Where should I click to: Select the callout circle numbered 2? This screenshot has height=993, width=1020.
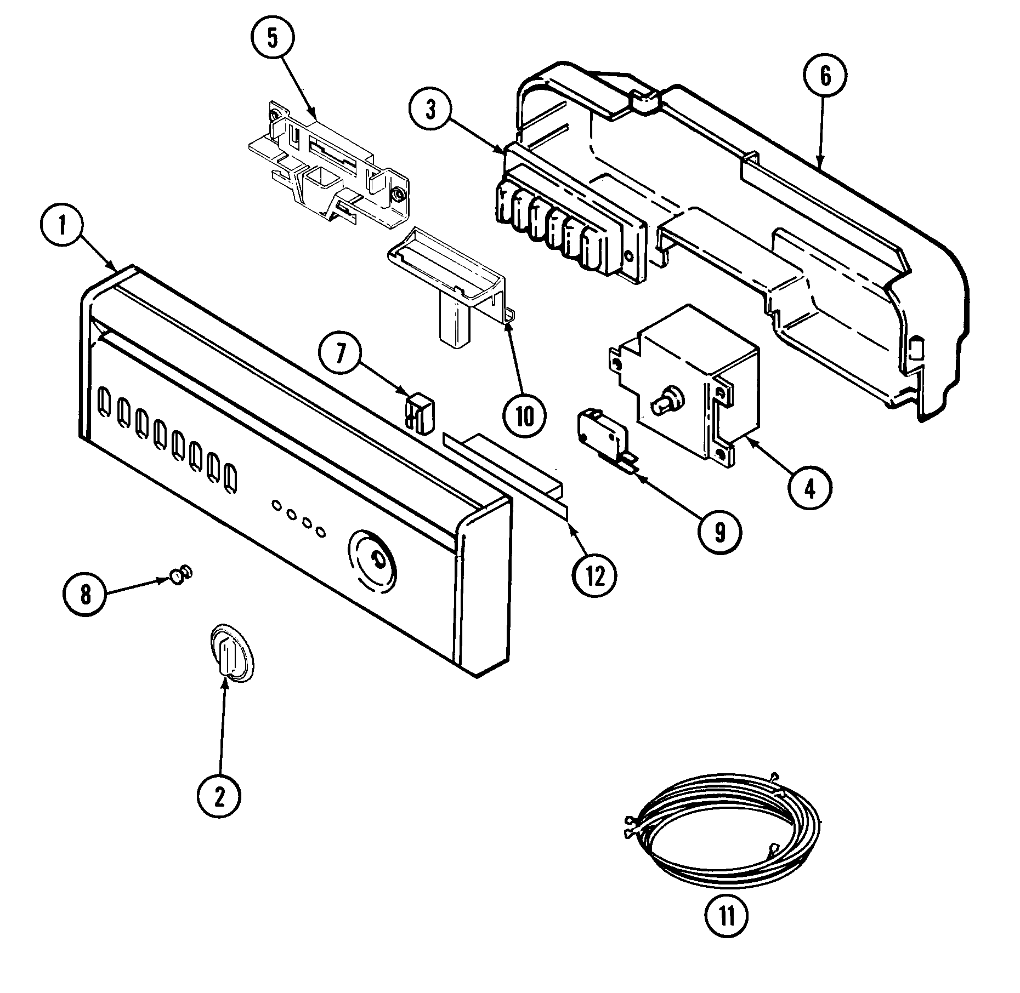pos(219,797)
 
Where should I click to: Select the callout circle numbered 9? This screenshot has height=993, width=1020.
pos(719,531)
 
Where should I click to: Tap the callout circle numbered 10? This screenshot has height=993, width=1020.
pos(524,417)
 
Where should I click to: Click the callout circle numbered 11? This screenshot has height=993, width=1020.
pos(727,915)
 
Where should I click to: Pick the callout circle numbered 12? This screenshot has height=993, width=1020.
pos(594,576)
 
